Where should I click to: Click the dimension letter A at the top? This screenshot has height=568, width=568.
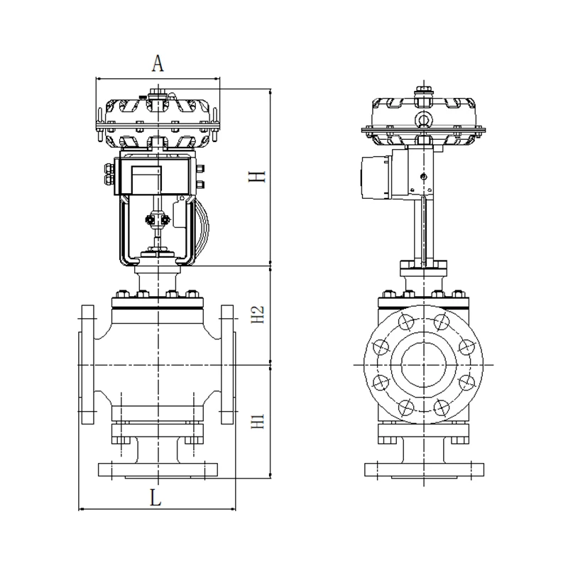coord(158,63)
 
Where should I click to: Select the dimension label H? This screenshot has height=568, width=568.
coord(257,176)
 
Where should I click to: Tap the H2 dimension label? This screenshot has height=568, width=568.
coord(258,315)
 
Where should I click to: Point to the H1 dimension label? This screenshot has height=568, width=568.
coord(258,421)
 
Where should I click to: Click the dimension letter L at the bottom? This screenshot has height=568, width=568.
coord(155,498)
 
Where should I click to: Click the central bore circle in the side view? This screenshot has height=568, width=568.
coord(423,364)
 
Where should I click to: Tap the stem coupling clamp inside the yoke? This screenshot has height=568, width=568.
coord(158,219)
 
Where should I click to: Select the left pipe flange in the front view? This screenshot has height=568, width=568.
coord(86,364)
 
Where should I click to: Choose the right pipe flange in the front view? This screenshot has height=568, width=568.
coord(228,364)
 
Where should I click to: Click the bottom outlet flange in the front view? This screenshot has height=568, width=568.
coord(158,470)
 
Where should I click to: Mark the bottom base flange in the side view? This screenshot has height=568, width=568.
coord(424,470)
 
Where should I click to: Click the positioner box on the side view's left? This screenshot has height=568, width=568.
coord(377,177)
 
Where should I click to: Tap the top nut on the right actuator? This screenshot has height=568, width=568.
coord(423,90)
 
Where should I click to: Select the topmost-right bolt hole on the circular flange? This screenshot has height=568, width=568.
coord(442,322)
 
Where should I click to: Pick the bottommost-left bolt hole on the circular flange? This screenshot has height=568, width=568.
coord(406,407)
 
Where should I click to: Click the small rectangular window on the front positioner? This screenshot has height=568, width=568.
coord(146,180)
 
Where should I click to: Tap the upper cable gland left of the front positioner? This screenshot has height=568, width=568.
coord(109,168)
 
